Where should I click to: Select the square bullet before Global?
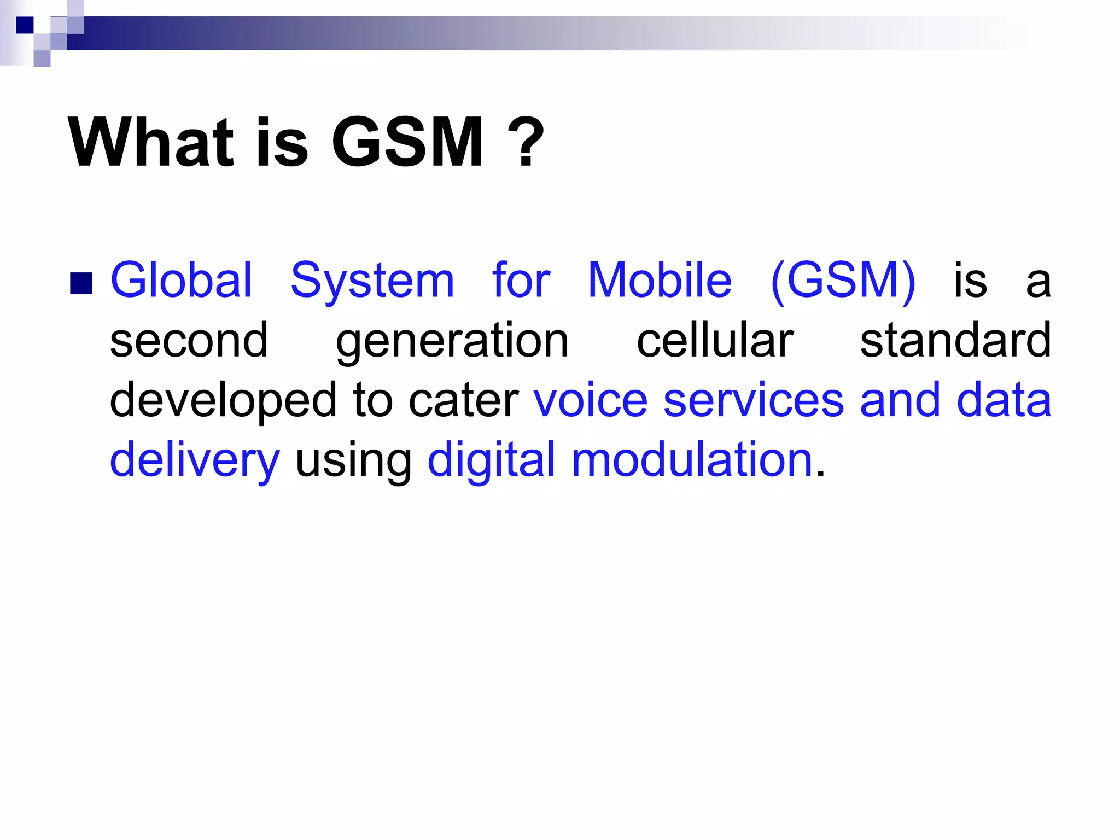tap(81, 283)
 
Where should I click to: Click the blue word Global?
tap(181, 280)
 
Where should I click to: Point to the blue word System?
tap(372, 281)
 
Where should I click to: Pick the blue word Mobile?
tap(660, 280)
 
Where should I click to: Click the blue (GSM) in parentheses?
tap(843, 281)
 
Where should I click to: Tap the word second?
tap(189, 340)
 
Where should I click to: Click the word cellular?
tap(715, 340)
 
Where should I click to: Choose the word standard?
tap(955, 340)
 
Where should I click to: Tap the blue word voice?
tap(591, 400)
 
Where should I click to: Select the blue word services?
tap(754, 400)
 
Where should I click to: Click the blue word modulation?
tap(692, 459)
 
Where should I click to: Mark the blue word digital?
tap(491, 460)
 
